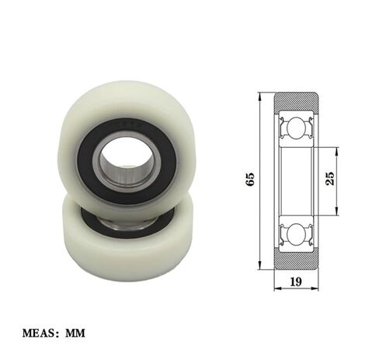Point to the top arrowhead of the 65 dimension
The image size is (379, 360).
pos(259,96)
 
